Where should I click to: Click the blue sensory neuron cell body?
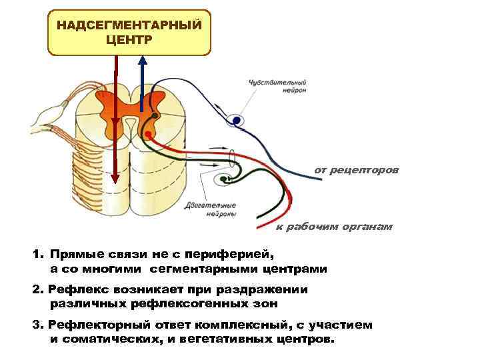235,121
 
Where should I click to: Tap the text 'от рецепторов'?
357,170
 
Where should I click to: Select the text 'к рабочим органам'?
335,227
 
